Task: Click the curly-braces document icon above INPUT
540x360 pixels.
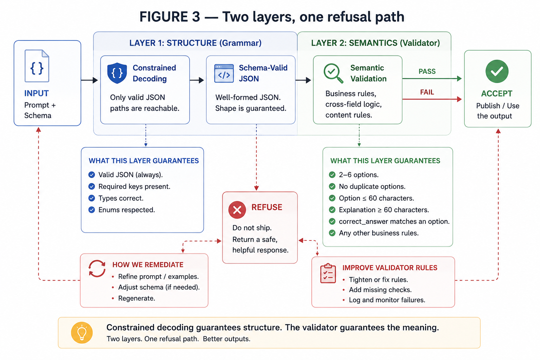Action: tap(37, 66)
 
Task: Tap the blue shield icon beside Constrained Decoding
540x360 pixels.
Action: tap(117, 73)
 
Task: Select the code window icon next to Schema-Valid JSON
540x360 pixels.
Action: tap(224, 73)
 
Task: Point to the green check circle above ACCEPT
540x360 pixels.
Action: tap(497, 71)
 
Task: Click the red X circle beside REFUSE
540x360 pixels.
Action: tap(237, 210)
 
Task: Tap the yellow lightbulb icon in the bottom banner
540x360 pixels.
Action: tap(82, 333)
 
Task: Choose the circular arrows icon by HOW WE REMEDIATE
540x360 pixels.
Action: tap(97, 268)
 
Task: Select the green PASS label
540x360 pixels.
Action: tap(427, 71)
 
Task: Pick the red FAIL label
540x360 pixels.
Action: tap(427, 92)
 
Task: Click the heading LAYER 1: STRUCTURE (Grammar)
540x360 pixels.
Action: tap(195, 43)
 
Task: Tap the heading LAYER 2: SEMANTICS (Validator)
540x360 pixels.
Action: tap(375, 43)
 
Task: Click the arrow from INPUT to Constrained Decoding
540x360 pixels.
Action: tap(89, 80)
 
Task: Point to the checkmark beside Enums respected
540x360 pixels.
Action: tap(92, 210)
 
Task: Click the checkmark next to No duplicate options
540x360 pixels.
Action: tap(332, 186)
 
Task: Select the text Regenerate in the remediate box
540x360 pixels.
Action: tap(136, 298)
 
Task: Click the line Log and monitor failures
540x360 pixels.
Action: tap(387, 300)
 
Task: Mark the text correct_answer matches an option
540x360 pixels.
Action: tap(394, 221)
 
